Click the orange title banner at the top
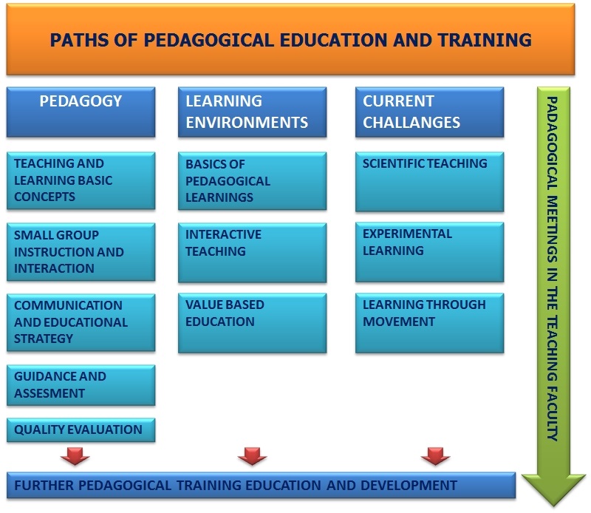[x=290, y=39]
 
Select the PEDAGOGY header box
[x=81, y=112]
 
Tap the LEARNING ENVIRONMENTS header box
[x=252, y=112]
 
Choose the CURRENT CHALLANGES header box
[x=429, y=112]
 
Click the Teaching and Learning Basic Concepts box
[x=81, y=180]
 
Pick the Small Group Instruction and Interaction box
[x=81, y=252]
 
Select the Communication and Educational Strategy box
[x=81, y=322]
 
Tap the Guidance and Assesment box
[x=81, y=385]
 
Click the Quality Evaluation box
[x=81, y=429]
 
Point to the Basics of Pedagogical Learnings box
[x=252, y=181]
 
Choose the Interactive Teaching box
[x=252, y=253]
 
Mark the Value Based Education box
[x=252, y=323]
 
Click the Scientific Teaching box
[x=429, y=182]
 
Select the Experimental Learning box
[x=429, y=252]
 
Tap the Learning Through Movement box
[x=429, y=323]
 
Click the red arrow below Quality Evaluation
[x=75, y=456]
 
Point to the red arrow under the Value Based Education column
[x=252, y=456]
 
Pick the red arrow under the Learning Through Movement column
[x=435, y=456]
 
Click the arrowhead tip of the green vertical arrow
[x=553, y=506]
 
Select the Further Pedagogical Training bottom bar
[x=261, y=485]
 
